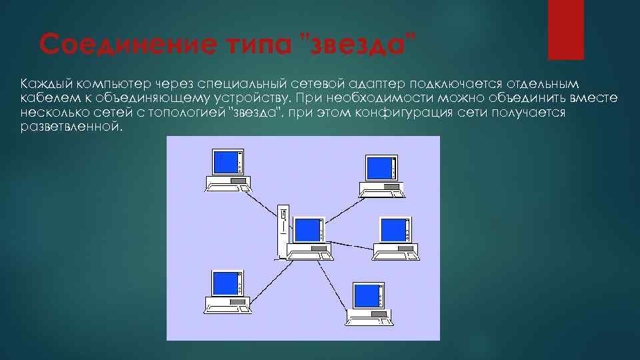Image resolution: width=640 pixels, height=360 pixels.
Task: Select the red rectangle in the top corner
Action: pos(565,29)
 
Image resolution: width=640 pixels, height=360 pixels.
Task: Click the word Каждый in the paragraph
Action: pos(45,84)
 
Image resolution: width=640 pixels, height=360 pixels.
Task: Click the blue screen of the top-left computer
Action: pos(224,162)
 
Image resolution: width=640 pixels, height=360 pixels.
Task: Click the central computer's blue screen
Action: pos(307,229)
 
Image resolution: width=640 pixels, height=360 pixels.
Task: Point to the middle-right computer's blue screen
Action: pos(392,229)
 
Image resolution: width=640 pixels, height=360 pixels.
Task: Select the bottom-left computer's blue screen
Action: pos(224,283)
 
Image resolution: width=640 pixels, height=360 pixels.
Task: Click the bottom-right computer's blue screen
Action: pos(365,295)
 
